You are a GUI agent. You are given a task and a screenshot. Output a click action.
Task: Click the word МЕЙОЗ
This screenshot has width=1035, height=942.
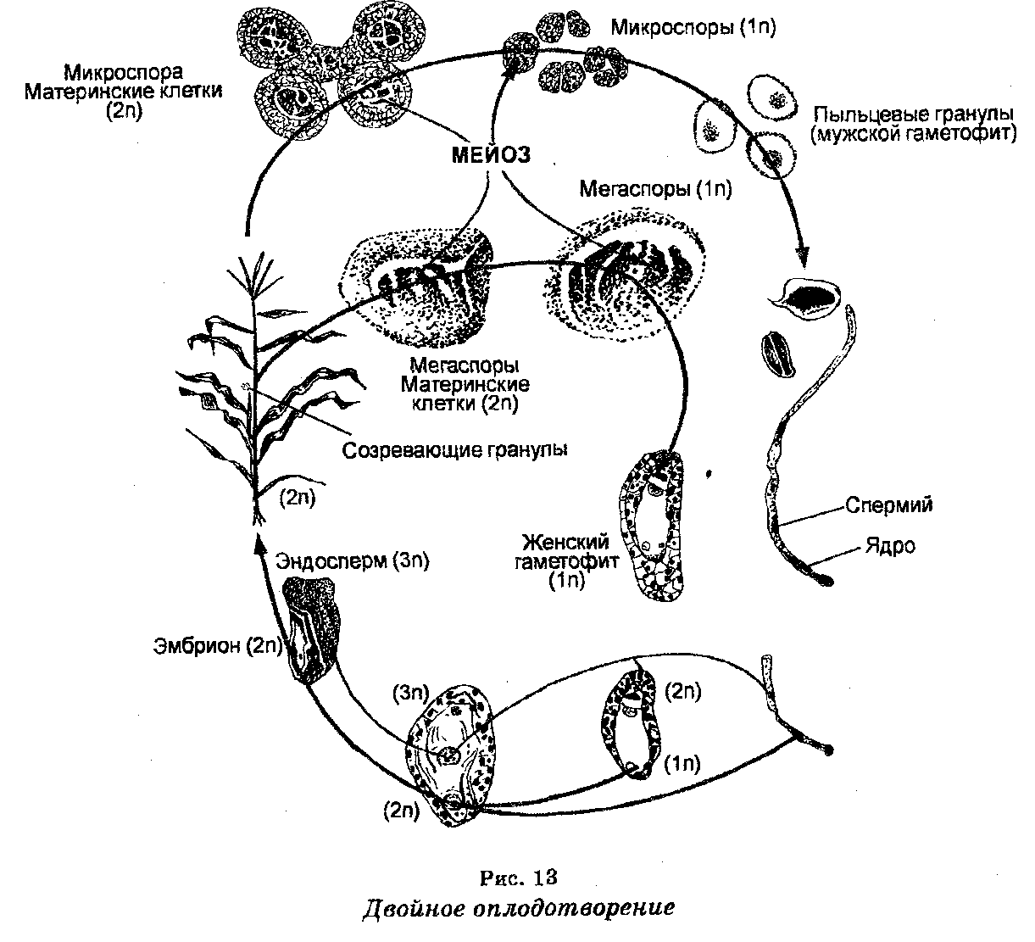pyautogui.click(x=491, y=155)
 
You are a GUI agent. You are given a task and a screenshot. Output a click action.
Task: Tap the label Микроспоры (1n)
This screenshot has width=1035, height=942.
pyautogui.click(x=693, y=27)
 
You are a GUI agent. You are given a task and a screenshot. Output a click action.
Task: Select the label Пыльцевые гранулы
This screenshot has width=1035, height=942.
pyautogui.click(x=913, y=114)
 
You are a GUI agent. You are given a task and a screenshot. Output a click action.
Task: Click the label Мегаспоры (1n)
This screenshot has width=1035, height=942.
pyautogui.click(x=655, y=189)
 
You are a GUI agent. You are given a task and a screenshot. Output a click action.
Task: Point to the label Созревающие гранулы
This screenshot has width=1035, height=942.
pyautogui.click(x=454, y=450)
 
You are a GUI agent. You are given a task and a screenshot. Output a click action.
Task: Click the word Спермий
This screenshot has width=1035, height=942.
pyautogui.click(x=889, y=504)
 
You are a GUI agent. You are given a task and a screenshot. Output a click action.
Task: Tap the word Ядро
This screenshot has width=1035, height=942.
pyautogui.click(x=890, y=545)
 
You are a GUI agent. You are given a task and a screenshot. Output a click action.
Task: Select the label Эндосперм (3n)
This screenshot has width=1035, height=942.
pyautogui.click(x=353, y=561)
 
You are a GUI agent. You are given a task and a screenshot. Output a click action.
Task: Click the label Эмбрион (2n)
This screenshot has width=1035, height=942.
pyautogui.click(x=218, y=645)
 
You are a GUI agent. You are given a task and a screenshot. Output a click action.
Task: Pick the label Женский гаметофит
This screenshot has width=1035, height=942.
pyautogui.click(x=566, y=551)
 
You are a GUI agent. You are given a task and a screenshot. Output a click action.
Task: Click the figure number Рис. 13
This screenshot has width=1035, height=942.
pyautogui.click(x=518, y=878)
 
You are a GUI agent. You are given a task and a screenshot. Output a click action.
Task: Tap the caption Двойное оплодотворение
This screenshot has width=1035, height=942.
pyautogui.click(x=518, y=908)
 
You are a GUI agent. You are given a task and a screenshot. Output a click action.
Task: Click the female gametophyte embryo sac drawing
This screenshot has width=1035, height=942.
pyautogui.click(x=652, y=527)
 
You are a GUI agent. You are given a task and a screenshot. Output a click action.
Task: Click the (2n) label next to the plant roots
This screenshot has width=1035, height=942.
pyautogui.click(x=297, y=498)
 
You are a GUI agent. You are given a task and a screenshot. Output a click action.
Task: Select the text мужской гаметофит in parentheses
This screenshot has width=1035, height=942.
pyautogui.click(x=913, y=134)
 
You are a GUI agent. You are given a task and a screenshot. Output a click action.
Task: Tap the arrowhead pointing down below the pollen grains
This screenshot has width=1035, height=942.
pyautogui.click(x=801, y=257)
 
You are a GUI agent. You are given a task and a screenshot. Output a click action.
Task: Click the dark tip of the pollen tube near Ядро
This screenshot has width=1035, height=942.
pyautogui.click(x=826, y=581)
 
